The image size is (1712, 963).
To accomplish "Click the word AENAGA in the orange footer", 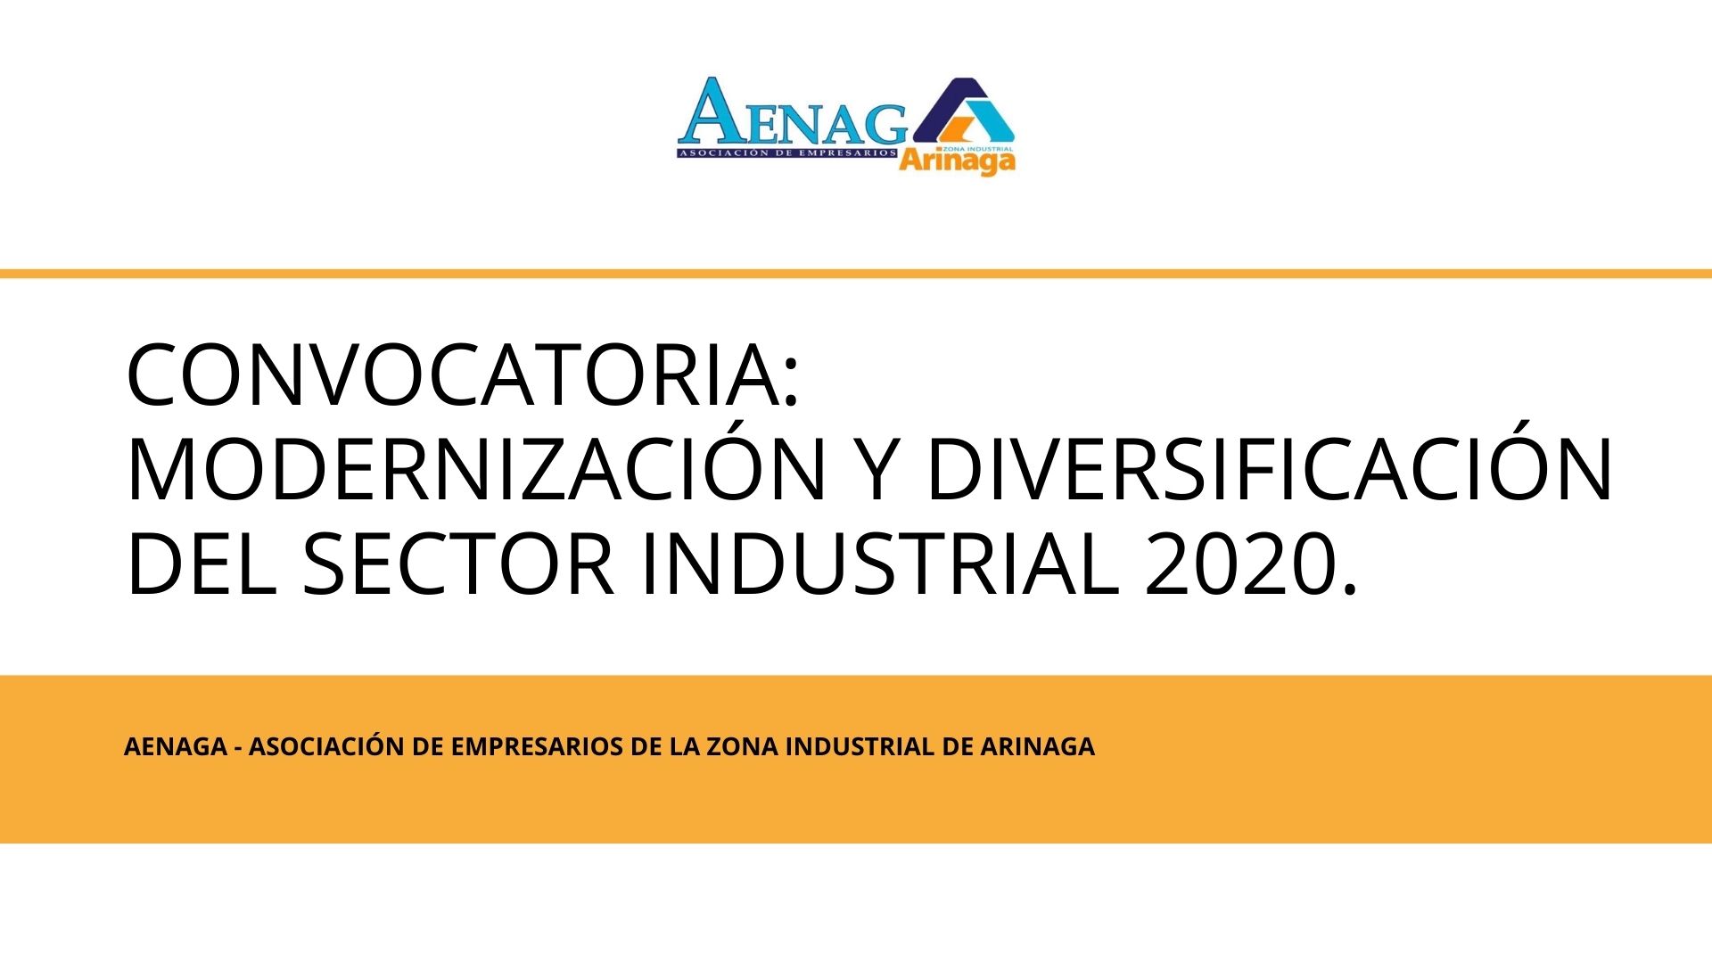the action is point(175,747).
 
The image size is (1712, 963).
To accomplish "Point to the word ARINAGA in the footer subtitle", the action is point(1037,747).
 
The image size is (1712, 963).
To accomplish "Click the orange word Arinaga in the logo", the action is point(957,161).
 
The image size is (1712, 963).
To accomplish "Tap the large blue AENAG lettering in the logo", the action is point(793,112).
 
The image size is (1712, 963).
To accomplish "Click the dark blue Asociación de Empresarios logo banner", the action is point(787,153).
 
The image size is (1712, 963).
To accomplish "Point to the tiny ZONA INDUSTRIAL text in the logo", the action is point(976,148).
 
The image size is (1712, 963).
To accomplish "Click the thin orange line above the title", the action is point(856,274).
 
